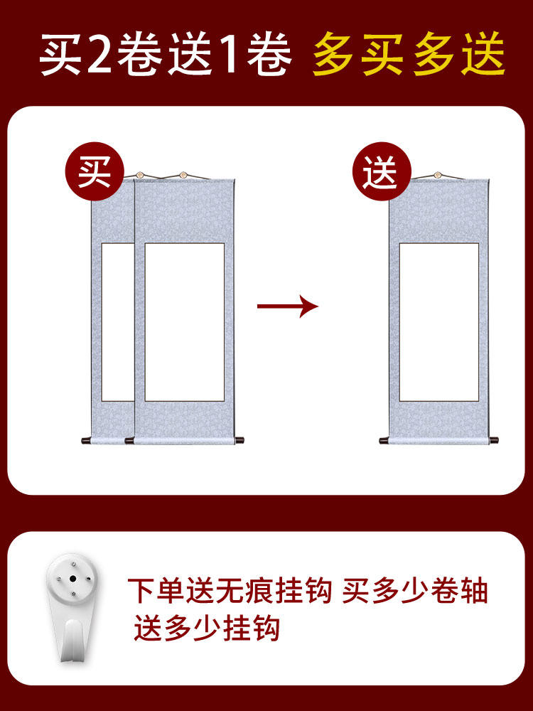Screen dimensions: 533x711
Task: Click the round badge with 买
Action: click(95, 171)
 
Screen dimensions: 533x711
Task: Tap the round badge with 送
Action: click(382, 171)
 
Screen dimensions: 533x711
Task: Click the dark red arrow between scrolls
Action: click(287, 306)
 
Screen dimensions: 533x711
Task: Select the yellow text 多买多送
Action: click(409, 53)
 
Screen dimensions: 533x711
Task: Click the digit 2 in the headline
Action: click(99, 54)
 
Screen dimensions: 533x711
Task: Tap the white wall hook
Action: click(72, 606)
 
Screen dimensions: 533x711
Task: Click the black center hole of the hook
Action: click(72, 579)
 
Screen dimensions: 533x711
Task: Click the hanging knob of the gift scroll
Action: click(438, 175)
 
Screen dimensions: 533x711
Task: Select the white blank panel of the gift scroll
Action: click(438, 322)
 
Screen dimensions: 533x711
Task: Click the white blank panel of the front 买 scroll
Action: click(185, 322)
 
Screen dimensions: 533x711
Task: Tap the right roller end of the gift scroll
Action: click(494, 440)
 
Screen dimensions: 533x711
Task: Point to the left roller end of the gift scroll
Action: click(384, 440)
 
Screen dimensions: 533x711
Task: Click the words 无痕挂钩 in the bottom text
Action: click(274, 590)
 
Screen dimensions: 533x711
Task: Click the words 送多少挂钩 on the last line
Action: click(207, 627)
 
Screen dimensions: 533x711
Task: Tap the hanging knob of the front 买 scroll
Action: click(183, 175)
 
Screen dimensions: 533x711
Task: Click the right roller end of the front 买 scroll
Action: click(239, 440)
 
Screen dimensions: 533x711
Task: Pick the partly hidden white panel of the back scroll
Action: click(118, 322)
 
